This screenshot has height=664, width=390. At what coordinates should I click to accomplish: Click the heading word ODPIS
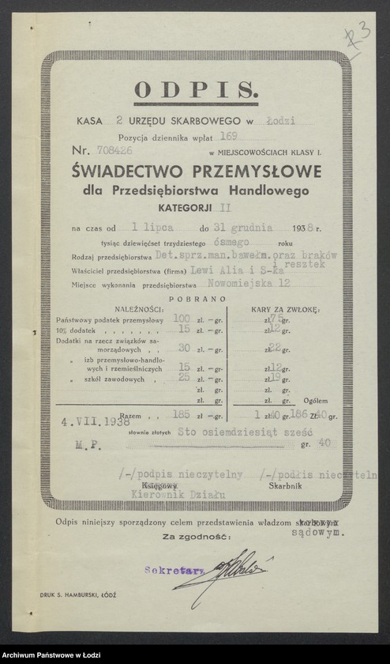coord(195,89)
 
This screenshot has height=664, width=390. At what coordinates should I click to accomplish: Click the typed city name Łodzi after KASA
coord(281,121)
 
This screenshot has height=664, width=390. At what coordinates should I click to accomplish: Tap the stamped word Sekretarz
coord(163,568)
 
